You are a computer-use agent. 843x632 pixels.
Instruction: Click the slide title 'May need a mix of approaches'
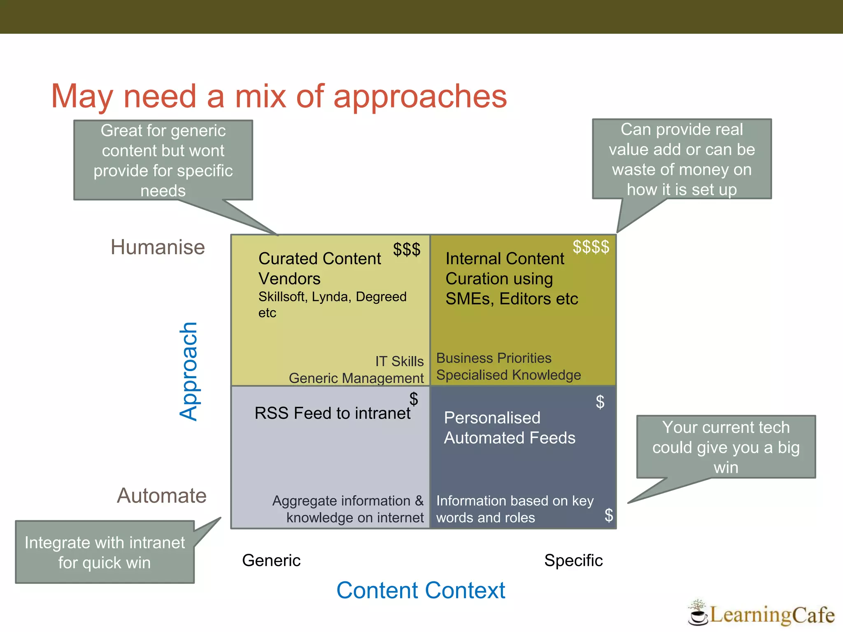point(279,96)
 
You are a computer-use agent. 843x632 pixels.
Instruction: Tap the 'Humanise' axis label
point(158,247)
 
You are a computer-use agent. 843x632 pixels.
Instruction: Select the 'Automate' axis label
point(162,495)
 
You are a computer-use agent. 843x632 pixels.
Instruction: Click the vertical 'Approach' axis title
point(189,371)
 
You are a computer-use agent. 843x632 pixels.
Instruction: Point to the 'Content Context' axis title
point(420,590)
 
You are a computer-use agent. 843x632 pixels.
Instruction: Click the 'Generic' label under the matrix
point(271,560)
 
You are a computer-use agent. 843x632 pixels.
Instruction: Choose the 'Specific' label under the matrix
point(573,560)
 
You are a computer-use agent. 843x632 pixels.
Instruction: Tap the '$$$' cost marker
point(407,249)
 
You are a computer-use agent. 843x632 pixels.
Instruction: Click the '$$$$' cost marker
point(591,247)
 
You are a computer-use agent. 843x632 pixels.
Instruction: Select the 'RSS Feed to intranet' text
point(332,413)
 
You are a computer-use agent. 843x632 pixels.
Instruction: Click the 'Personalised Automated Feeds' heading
point(509,428)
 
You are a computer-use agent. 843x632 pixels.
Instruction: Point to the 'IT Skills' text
point(399,361)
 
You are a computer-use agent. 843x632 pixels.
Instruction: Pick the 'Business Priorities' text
point(494,358)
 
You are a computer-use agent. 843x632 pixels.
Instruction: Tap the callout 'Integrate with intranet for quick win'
point(105,552)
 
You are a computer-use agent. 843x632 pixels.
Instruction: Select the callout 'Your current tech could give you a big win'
point(726,447)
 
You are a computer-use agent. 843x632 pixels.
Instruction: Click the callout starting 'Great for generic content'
point(163,160)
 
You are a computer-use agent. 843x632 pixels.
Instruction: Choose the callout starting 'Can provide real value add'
point(682,159)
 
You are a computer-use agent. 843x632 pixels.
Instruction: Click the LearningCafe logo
point(761,614)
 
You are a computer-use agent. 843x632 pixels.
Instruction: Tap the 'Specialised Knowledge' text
point(508,375)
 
